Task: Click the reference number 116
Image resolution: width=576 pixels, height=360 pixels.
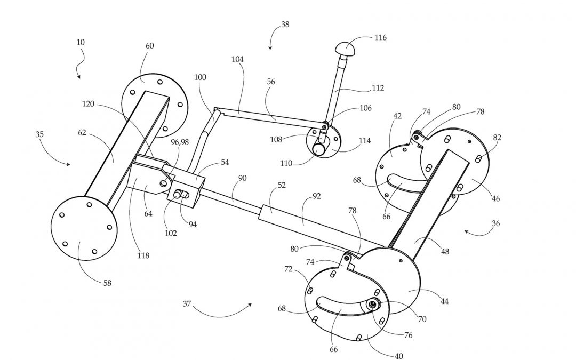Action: point(381,37)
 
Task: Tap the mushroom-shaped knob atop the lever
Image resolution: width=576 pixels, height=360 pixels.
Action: point(345,49)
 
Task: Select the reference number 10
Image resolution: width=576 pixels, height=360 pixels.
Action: point(81,42)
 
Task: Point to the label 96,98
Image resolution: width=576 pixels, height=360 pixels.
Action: point(180,142)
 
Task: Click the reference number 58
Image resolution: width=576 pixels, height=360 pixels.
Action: point(107,283)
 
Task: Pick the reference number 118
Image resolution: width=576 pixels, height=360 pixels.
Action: point(143,255)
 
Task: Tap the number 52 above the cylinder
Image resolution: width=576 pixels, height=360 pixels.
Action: point(282,185)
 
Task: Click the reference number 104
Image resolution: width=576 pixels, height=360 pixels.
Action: point(238,59)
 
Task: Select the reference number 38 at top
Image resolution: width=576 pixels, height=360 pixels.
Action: point(285,25)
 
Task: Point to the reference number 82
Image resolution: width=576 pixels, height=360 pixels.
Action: point(497,138)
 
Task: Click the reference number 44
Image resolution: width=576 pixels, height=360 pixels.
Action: point(444,301)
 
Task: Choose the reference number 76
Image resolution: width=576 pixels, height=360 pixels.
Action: point(408,335)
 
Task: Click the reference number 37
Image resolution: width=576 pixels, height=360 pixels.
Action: point(187,304)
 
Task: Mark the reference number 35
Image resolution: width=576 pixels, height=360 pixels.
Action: point(39,134)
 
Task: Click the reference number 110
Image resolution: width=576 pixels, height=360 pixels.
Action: point(286,164)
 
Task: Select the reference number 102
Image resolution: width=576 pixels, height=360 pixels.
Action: point(171,233)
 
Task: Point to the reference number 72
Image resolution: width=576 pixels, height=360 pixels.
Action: point(289,269)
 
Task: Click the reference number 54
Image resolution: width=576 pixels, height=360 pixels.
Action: point(225,162)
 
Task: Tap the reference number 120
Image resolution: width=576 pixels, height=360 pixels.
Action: point(88,104)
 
